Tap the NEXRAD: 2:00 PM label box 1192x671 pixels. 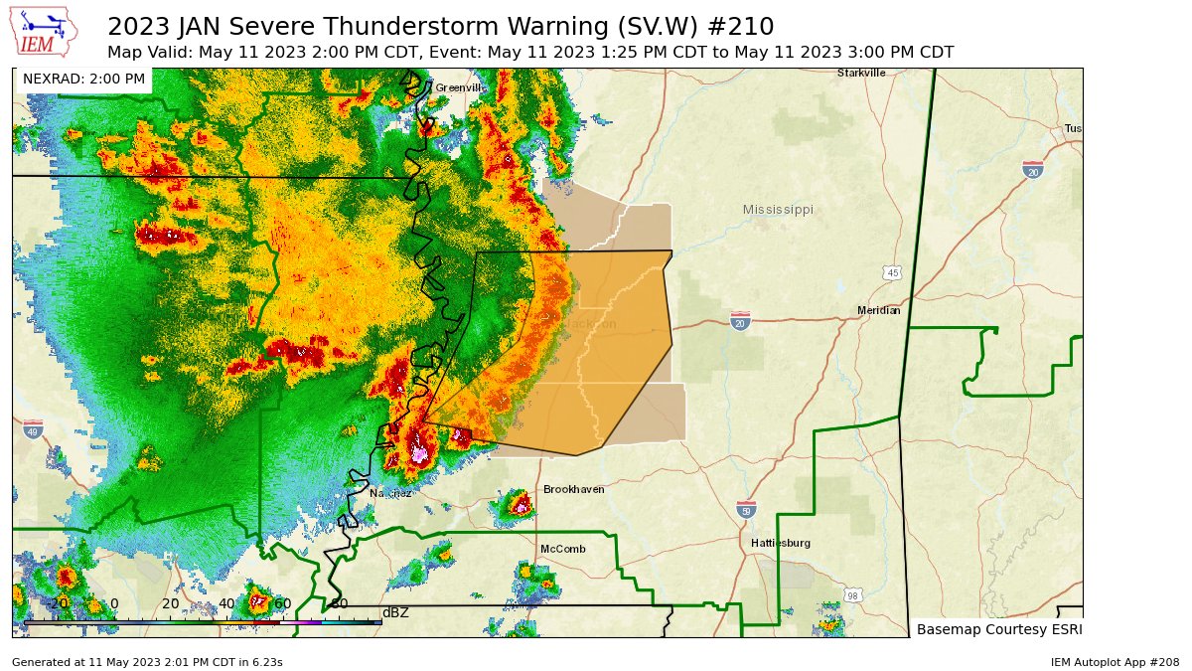pyautogui.click(x=83, y=79)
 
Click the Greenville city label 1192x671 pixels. pyautogui.click(x=458, y=87)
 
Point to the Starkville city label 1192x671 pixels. pyautogui.click(x=861, y=73)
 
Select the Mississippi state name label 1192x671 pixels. pyautogui.click(x=778, y=210)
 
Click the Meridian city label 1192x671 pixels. pyautogui.click(x=878, y=311)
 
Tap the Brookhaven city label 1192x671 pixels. pyautogui.click(x=573, y=489)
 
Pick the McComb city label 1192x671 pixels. pyautogui.click(x=558, y=549)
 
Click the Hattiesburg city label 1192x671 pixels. pyautogui.click(x=780, y=543)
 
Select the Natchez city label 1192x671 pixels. pyautogui.click(x=389, y=493)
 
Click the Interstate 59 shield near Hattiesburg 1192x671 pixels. pyautogui.click(x=745, y=510)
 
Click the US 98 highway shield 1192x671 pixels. pyautogui.click(x=853, y=594)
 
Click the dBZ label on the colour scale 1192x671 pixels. pyautogui.click(x=395, y=612)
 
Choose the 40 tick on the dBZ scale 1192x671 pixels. pyautogui.click(x=226, y=603)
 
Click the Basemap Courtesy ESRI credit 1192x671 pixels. pyautogui.click(x=998, y=629)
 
